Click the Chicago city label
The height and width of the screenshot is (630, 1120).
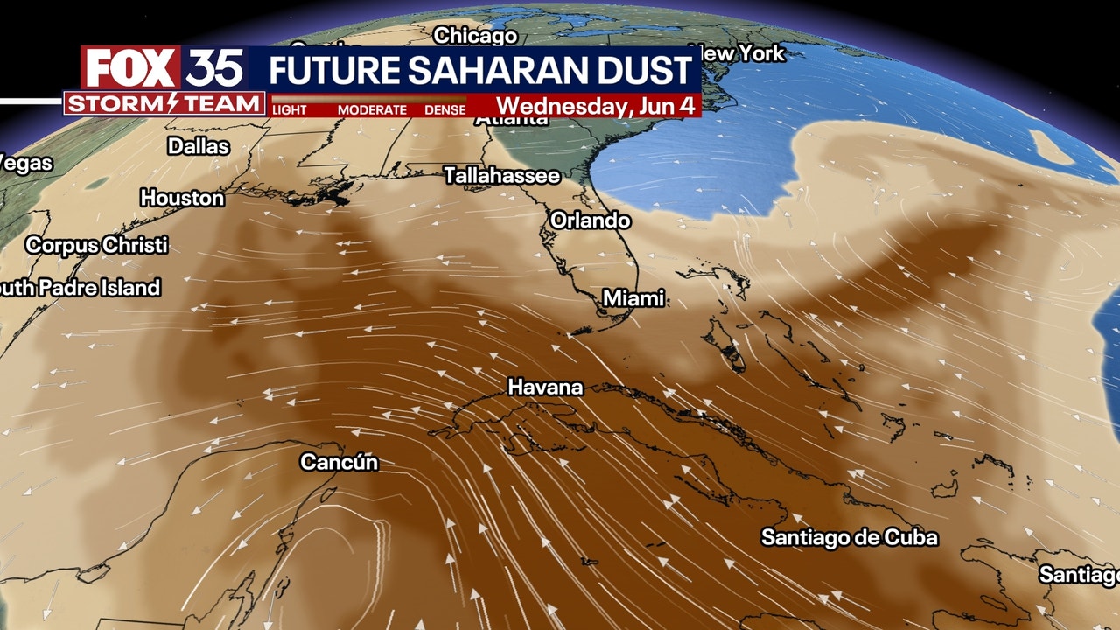point(475,36)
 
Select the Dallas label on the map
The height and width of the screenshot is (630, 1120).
point(199,146)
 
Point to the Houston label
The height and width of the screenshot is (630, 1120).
point(182,199)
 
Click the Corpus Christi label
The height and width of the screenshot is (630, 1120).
point(96,246)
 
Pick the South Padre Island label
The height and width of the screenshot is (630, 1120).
point(80,288)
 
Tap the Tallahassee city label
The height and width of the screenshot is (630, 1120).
point(501,176)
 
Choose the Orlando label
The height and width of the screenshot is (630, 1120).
point(591,220)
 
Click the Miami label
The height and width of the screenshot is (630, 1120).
point(634,299)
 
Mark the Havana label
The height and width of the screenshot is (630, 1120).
point(545,387)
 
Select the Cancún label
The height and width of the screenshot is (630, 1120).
point(339,462)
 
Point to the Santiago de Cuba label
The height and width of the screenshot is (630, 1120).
point(849,537)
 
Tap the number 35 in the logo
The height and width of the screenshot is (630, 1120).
point(213,68)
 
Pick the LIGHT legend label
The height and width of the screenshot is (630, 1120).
point(290,110)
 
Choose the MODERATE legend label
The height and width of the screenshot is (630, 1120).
point(372,110)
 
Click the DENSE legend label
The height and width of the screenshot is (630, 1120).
point(445,110)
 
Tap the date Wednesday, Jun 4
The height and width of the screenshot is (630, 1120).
point(596,106)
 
